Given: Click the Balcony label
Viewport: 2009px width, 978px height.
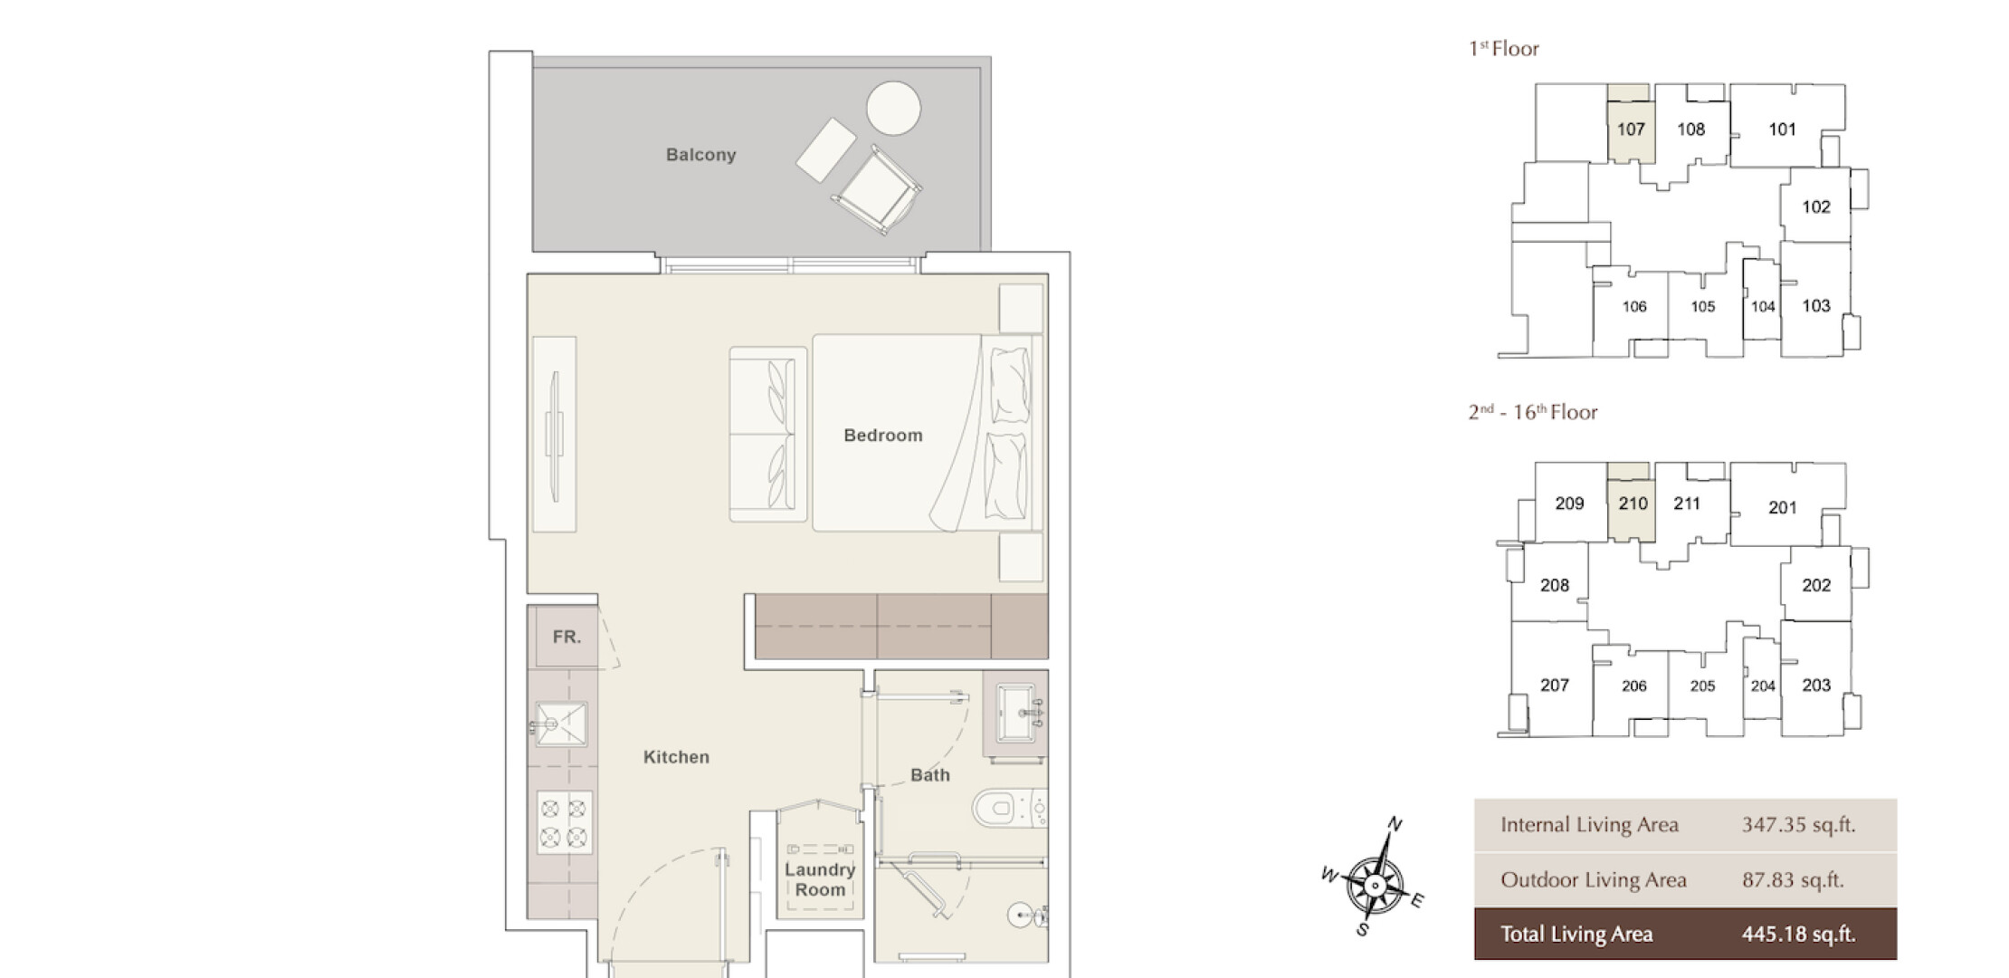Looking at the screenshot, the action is click(700, 155).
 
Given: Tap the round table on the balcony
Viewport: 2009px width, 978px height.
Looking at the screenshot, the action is click(893, 108).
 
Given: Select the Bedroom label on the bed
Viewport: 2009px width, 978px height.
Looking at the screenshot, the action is click(883, 436).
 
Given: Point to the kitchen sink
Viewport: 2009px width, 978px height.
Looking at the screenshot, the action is click(561, 724).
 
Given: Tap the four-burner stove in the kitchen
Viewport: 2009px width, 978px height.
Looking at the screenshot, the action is click(564, 822).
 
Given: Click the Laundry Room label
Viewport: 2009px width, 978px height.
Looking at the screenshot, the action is click(820, 879).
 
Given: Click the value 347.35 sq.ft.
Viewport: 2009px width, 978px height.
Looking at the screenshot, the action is click(1798, 825).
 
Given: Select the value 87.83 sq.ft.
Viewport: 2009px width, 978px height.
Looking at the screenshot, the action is click(1793, 880).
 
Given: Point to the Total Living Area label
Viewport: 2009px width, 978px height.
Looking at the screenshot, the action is click(1576, 935).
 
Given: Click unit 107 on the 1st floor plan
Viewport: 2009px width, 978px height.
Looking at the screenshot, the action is click(1631, 129).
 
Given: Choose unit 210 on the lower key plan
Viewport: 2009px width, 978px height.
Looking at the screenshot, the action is click(1633, 503).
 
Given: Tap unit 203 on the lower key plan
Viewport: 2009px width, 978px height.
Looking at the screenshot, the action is click(1815, 686).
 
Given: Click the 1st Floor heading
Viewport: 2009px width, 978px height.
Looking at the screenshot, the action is click(1503, 49).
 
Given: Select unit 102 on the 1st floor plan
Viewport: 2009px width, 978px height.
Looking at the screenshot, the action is click(1815, 207).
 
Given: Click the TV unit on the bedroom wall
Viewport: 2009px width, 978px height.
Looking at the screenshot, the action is click(554, 434).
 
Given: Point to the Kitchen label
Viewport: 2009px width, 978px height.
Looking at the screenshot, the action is click(676, 757).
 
